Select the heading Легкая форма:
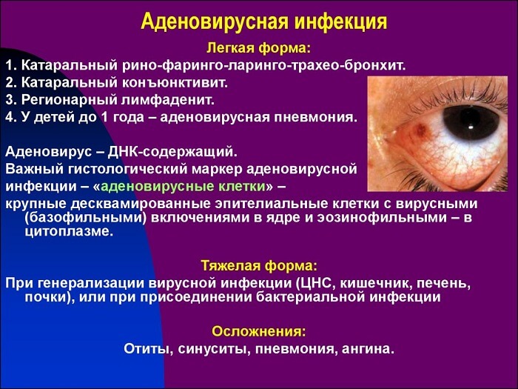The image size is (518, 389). click(x=258, y=48)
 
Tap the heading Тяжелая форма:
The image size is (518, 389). click(x=258, y=265)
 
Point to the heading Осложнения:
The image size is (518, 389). click(x=258, y=331)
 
